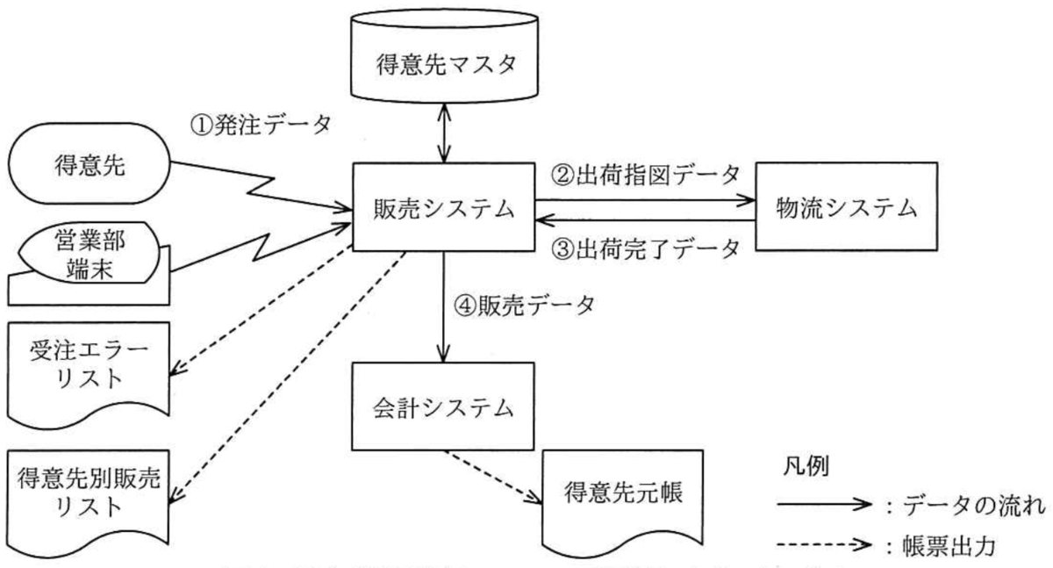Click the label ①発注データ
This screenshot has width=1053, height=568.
261,125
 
